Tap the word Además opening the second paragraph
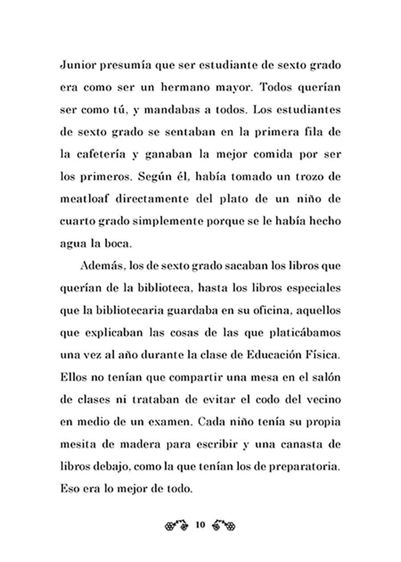[102, 267]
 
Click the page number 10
[199, 525]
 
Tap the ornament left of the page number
[176, 525]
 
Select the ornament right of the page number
[223, 525]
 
